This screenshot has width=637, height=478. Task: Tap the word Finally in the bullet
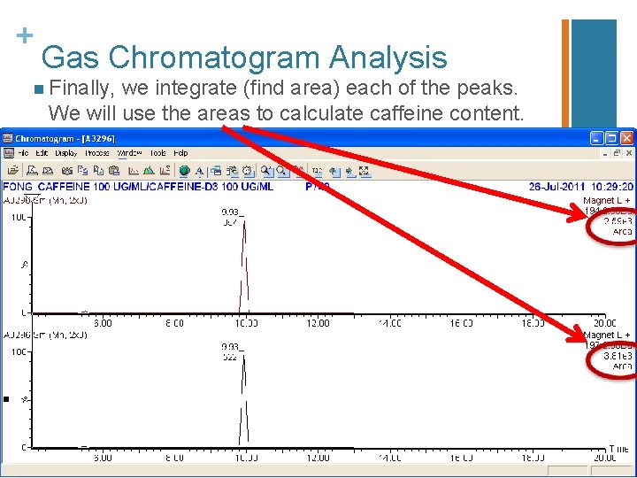click(81, 89)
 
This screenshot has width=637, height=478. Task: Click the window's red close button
click(626, 138)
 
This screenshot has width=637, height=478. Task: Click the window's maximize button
click(611, 138)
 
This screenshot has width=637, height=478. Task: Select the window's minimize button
click(597, 138)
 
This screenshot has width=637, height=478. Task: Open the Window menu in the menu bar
click(129, 153)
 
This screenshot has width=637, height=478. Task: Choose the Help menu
click(180, 153)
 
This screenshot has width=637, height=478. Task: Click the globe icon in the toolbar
click(184, 171)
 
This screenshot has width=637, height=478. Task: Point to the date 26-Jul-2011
click(554, 187)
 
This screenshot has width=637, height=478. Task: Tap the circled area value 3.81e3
click(618, 355)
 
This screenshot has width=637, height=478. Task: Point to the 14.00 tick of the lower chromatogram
click(389, 458)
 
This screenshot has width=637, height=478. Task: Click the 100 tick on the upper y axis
click(17, 218)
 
